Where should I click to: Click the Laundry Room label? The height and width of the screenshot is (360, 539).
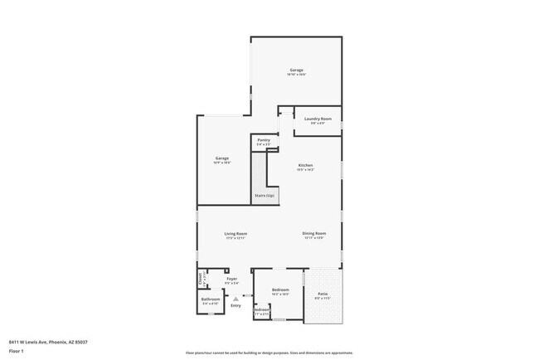pyautogui.click(x=318, y=119)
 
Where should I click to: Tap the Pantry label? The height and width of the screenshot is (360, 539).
pyautogui.click(x=264, y=140)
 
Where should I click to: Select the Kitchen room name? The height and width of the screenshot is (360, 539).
pyautogui.click(x=306, y=165)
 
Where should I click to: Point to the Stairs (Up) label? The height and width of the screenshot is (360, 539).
pyautogui.click(x=265, y=196)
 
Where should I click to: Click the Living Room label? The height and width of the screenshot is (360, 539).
pyautogui.click(x=236, y=234)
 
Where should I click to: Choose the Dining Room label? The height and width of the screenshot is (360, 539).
pyautogui.click(x=314, y=234)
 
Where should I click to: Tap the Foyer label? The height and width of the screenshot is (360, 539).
pyautogui.click(x=232, y=279)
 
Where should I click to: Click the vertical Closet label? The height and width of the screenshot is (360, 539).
pyautogui.click(x=200, y=278)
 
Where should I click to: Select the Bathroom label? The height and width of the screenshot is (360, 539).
pyautogui.click(x=211, y=299)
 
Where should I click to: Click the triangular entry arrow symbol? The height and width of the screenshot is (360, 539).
pyautogui.click(x=236, y=298)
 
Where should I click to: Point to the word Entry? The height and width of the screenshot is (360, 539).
pyautogui.click(x=236, y=305)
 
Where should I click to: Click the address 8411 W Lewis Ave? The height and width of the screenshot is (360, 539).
pyautogui.click(x=49, y=342)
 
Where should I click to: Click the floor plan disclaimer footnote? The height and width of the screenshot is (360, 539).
pyautogui.click(x=269, y=353)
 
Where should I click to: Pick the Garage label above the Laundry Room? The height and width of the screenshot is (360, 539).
pyautogui.click(x=296, y=70)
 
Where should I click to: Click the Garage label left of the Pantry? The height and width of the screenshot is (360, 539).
pyautogui.click(x=222, y=158)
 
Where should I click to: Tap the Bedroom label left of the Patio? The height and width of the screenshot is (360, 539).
pyautogui.click(x=279, y=289)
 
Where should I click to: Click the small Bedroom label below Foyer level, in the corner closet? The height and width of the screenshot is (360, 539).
pyautogui.click(x=261, y=310)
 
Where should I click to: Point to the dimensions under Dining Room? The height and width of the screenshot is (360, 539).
pyautogui.click(x=314, y=239)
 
